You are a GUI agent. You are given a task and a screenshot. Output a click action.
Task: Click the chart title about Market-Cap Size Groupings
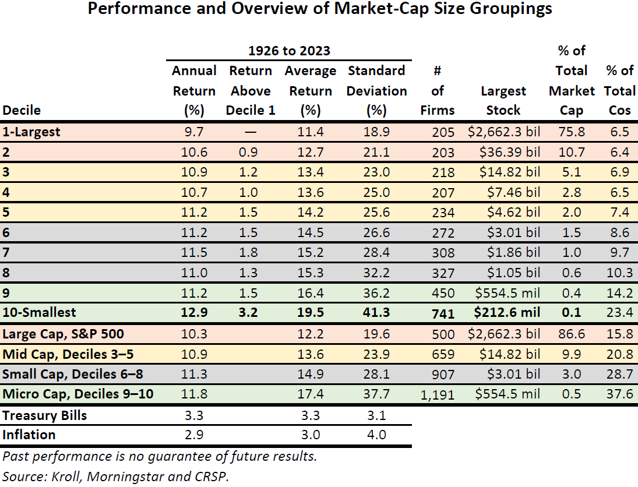click(319, 10)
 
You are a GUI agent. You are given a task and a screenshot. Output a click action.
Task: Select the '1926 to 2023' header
click(289, 51)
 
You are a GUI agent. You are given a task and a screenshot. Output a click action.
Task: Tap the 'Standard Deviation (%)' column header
click(376, 91)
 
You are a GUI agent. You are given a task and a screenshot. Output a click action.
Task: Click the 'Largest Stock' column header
click(504, 100)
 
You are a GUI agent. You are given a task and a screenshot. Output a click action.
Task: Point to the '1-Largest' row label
click(31, 132)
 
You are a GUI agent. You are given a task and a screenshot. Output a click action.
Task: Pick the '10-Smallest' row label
click(39, 313)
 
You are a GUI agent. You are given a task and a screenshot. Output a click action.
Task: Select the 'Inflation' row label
click(29, 435)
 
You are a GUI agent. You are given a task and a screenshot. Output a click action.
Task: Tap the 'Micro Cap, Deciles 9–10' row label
click(78, 394)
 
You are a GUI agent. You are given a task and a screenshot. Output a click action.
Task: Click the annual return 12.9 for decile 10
click(194, 313)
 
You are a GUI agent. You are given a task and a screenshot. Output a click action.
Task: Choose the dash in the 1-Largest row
click(250, 132)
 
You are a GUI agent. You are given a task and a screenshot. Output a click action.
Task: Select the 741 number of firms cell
click(443, 313)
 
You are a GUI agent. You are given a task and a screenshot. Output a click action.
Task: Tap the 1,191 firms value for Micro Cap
click(437, 395)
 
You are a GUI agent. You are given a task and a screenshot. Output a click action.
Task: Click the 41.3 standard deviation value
click(376, 313)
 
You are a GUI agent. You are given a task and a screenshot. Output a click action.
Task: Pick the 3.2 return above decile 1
click(250, 313)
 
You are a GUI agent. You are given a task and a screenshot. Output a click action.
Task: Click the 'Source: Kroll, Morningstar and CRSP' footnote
click(116, 476)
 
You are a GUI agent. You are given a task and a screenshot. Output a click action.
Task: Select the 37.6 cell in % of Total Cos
click(619, 394)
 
